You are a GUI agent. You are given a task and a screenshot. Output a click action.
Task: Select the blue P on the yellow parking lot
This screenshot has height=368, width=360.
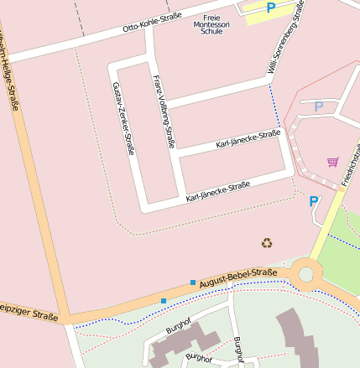(270, 8)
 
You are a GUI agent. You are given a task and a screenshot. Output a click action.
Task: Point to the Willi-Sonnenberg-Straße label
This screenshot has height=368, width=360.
(286, 38)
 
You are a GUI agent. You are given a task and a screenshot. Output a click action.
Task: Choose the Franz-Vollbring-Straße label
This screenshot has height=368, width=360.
(163, 111)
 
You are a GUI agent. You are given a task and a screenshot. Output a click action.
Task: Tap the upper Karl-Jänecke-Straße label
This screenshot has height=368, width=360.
(248, 139)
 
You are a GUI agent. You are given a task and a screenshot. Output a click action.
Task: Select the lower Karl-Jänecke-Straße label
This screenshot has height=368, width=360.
(217, 191)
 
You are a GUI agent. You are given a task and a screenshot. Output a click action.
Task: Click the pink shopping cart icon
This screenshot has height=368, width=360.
(332, 161)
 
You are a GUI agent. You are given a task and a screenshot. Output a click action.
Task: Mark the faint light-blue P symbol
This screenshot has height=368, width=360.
(318, 106)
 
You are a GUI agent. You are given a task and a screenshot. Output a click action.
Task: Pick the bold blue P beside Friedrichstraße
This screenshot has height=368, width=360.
(314, 201)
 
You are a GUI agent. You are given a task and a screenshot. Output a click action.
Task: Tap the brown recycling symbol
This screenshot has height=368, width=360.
(267, 243)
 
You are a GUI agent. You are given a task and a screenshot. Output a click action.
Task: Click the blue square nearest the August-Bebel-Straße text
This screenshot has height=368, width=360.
(193, 282)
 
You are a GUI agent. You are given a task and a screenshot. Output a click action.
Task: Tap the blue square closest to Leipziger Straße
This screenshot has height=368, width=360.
(163, 300)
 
